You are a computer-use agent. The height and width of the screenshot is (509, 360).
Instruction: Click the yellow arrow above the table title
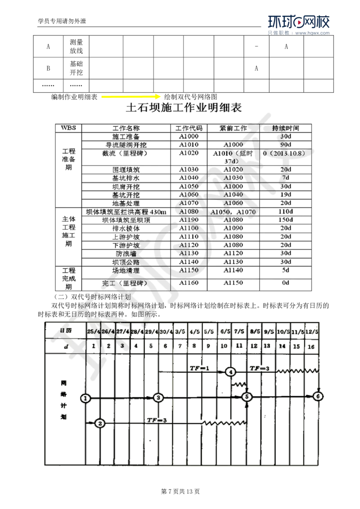pos(131,97)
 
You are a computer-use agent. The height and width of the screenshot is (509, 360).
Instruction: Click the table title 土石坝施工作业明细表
pos(184,108)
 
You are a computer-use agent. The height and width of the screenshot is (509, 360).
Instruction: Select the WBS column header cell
pos(67,128)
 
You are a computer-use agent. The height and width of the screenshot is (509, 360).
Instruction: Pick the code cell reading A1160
pos(189,283)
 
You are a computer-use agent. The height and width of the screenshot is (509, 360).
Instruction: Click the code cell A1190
pos(189,220)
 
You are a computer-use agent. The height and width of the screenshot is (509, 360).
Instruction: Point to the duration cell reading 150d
pos(285,220)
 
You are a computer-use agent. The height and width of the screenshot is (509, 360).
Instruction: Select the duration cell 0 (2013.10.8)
pos(285,153)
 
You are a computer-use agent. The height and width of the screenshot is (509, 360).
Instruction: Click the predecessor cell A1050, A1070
pos(233,211)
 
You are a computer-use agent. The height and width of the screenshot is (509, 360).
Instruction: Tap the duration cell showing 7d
pos(285,178)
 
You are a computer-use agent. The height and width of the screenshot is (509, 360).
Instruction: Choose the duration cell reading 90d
pos(285,145)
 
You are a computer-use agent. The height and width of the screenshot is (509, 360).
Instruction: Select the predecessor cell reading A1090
pos(233,228)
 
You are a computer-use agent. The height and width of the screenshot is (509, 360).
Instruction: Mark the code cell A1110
pos(189,237)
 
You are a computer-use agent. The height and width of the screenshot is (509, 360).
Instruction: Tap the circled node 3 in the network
pos(157,398)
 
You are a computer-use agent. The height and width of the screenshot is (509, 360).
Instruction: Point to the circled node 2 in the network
pos(100,423)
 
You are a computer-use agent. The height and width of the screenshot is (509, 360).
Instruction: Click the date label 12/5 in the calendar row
pos(312,331)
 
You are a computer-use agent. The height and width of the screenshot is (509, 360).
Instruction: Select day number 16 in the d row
pos(311,347)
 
